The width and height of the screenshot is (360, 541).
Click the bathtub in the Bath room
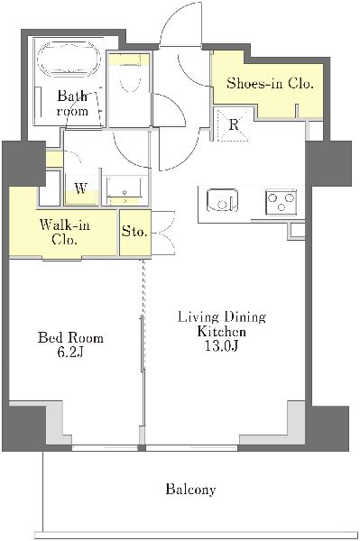tap(69, 60)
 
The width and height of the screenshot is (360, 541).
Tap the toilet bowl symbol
tap(129, 78)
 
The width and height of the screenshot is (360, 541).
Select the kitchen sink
tap(222, 200)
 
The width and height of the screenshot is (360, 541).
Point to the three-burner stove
tap(281, 201)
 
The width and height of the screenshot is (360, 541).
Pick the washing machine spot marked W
tap(81, 189)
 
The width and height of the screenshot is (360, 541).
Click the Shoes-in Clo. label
tap(270, 83)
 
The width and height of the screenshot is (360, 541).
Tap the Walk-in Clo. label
tap(65, 233)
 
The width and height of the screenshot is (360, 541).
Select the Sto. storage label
tap(134, 232)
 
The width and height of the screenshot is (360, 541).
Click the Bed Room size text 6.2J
tap(70, 353)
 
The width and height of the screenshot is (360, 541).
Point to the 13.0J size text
tap(222, 346)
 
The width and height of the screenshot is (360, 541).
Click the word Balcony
tap(190, 490)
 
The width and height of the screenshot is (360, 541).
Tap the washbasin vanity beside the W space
tap(125, 191)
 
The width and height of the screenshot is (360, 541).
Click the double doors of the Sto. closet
tap(163, 233)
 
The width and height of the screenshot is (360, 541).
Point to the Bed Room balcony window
tap(105, 448)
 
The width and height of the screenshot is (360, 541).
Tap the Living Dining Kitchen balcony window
tap(192, 448)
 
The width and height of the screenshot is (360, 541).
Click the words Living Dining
tap(222, 317)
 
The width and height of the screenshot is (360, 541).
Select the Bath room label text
tap(72, 103)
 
